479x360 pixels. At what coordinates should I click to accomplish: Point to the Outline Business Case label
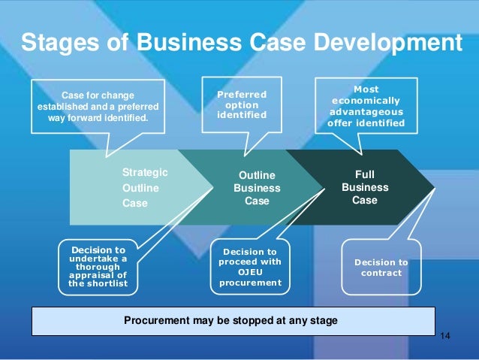257,188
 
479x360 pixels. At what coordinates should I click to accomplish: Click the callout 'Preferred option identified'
242,106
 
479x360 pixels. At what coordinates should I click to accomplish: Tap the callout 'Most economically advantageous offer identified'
366,106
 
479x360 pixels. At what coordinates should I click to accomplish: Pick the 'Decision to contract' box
381,268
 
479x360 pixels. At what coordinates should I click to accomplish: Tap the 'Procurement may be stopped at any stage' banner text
230,320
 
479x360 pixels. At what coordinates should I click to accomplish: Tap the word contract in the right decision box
381,273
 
